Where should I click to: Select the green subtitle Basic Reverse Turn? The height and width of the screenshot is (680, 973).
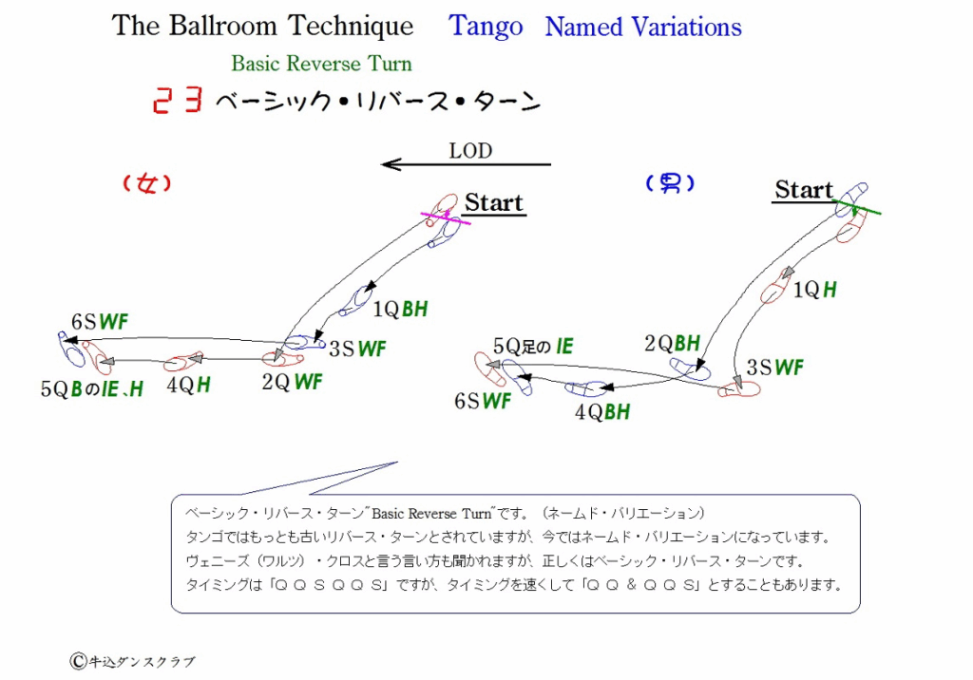click(321, 64)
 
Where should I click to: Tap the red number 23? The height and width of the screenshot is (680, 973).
click(178, 100)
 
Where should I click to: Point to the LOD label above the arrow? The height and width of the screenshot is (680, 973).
click(470, 151)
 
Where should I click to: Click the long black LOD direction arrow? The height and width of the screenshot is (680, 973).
click(466, 164)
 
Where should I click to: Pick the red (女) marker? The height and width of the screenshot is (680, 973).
click(146, 183)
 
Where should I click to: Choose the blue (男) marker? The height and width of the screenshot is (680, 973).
click(670, 183)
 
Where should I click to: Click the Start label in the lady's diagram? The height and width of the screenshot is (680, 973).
click(494, 203)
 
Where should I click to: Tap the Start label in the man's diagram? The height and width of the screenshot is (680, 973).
click(804, 190)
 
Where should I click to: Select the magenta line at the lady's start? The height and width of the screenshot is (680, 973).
click(446, 217)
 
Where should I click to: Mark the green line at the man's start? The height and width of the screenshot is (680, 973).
click(857, 208)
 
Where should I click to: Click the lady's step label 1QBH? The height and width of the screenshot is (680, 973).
click(400, 309)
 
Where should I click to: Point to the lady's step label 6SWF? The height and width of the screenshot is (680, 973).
click(99, 322)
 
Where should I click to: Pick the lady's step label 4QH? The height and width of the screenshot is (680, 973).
click(189, 386)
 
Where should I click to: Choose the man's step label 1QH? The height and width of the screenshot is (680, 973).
click(814, 289)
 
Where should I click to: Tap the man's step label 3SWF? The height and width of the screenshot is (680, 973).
click(774, 368)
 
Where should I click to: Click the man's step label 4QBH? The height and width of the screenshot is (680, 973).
click(601, 412)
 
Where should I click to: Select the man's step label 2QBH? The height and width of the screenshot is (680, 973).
click(672, 343)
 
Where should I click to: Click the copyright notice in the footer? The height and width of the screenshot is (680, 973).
click(132, 661)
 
